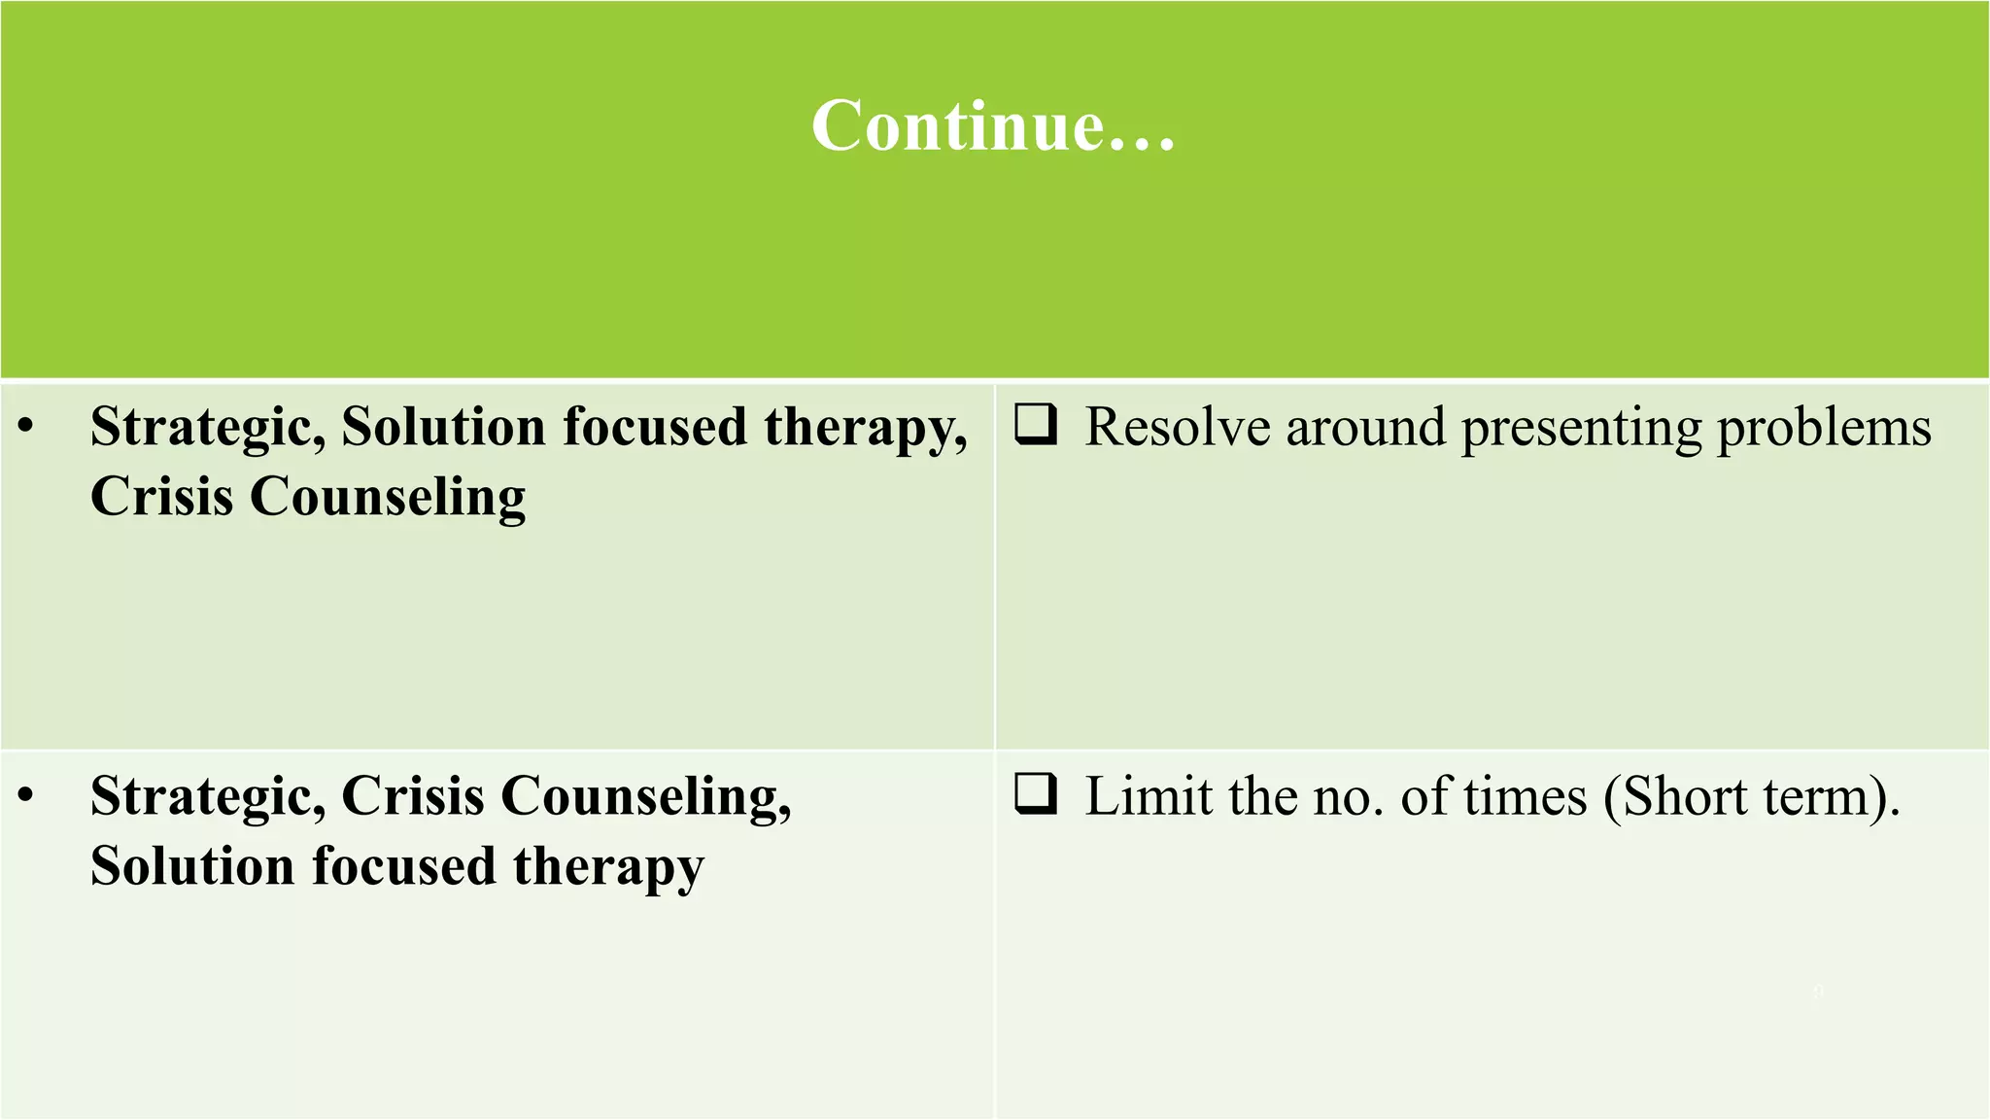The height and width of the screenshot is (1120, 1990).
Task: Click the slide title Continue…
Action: click(993, 125)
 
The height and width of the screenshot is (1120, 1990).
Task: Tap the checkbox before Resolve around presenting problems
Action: click(1036, 425)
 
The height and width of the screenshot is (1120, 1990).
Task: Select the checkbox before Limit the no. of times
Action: click(1036, 793)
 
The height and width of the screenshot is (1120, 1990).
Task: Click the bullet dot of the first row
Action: click(26, 426)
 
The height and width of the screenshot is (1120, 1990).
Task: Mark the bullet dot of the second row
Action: click(26, 795)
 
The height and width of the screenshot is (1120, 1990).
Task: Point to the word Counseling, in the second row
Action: click(645, 797)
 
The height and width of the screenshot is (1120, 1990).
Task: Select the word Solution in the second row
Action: click(192, 866)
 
